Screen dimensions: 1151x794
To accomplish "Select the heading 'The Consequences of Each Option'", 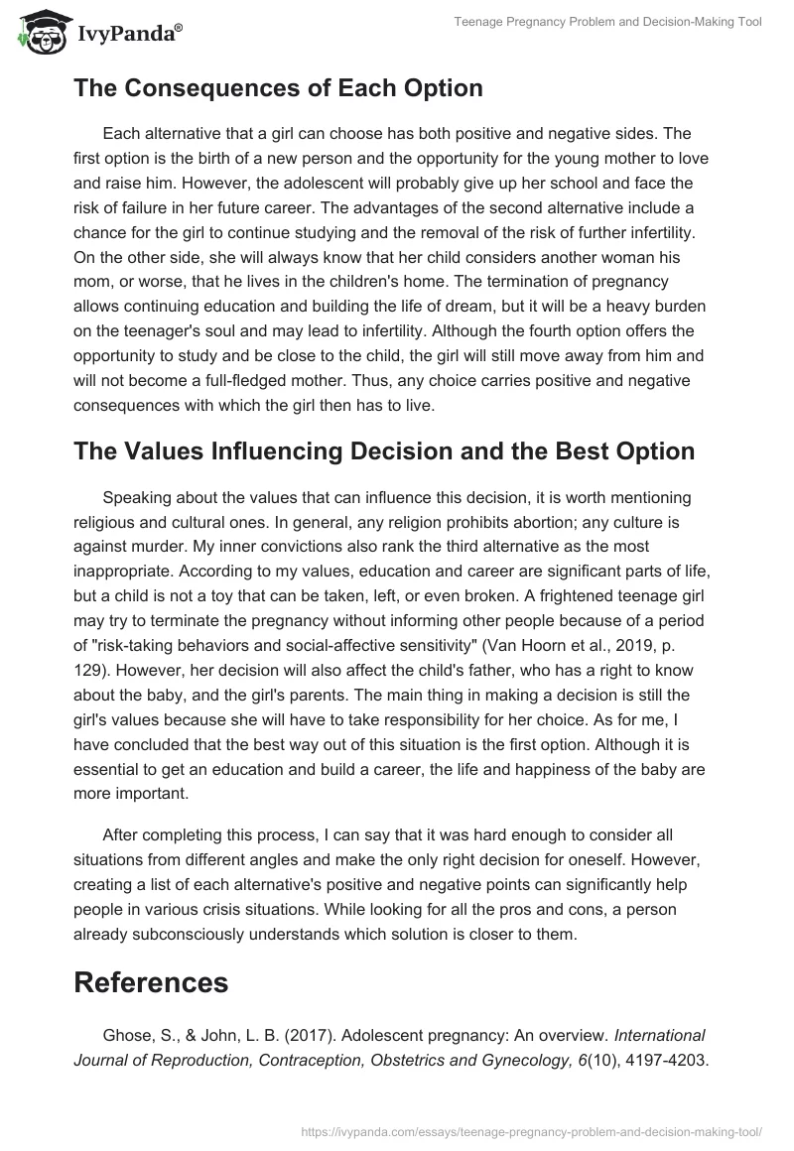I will [278, 88].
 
